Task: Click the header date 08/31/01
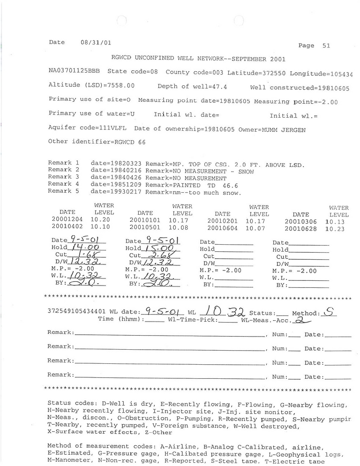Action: click(x=93, y=42)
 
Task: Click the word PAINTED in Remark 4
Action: click(x=195, y=185)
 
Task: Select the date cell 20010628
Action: click(x=300, y=229)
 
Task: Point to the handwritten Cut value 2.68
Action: click(x=161, y=256)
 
